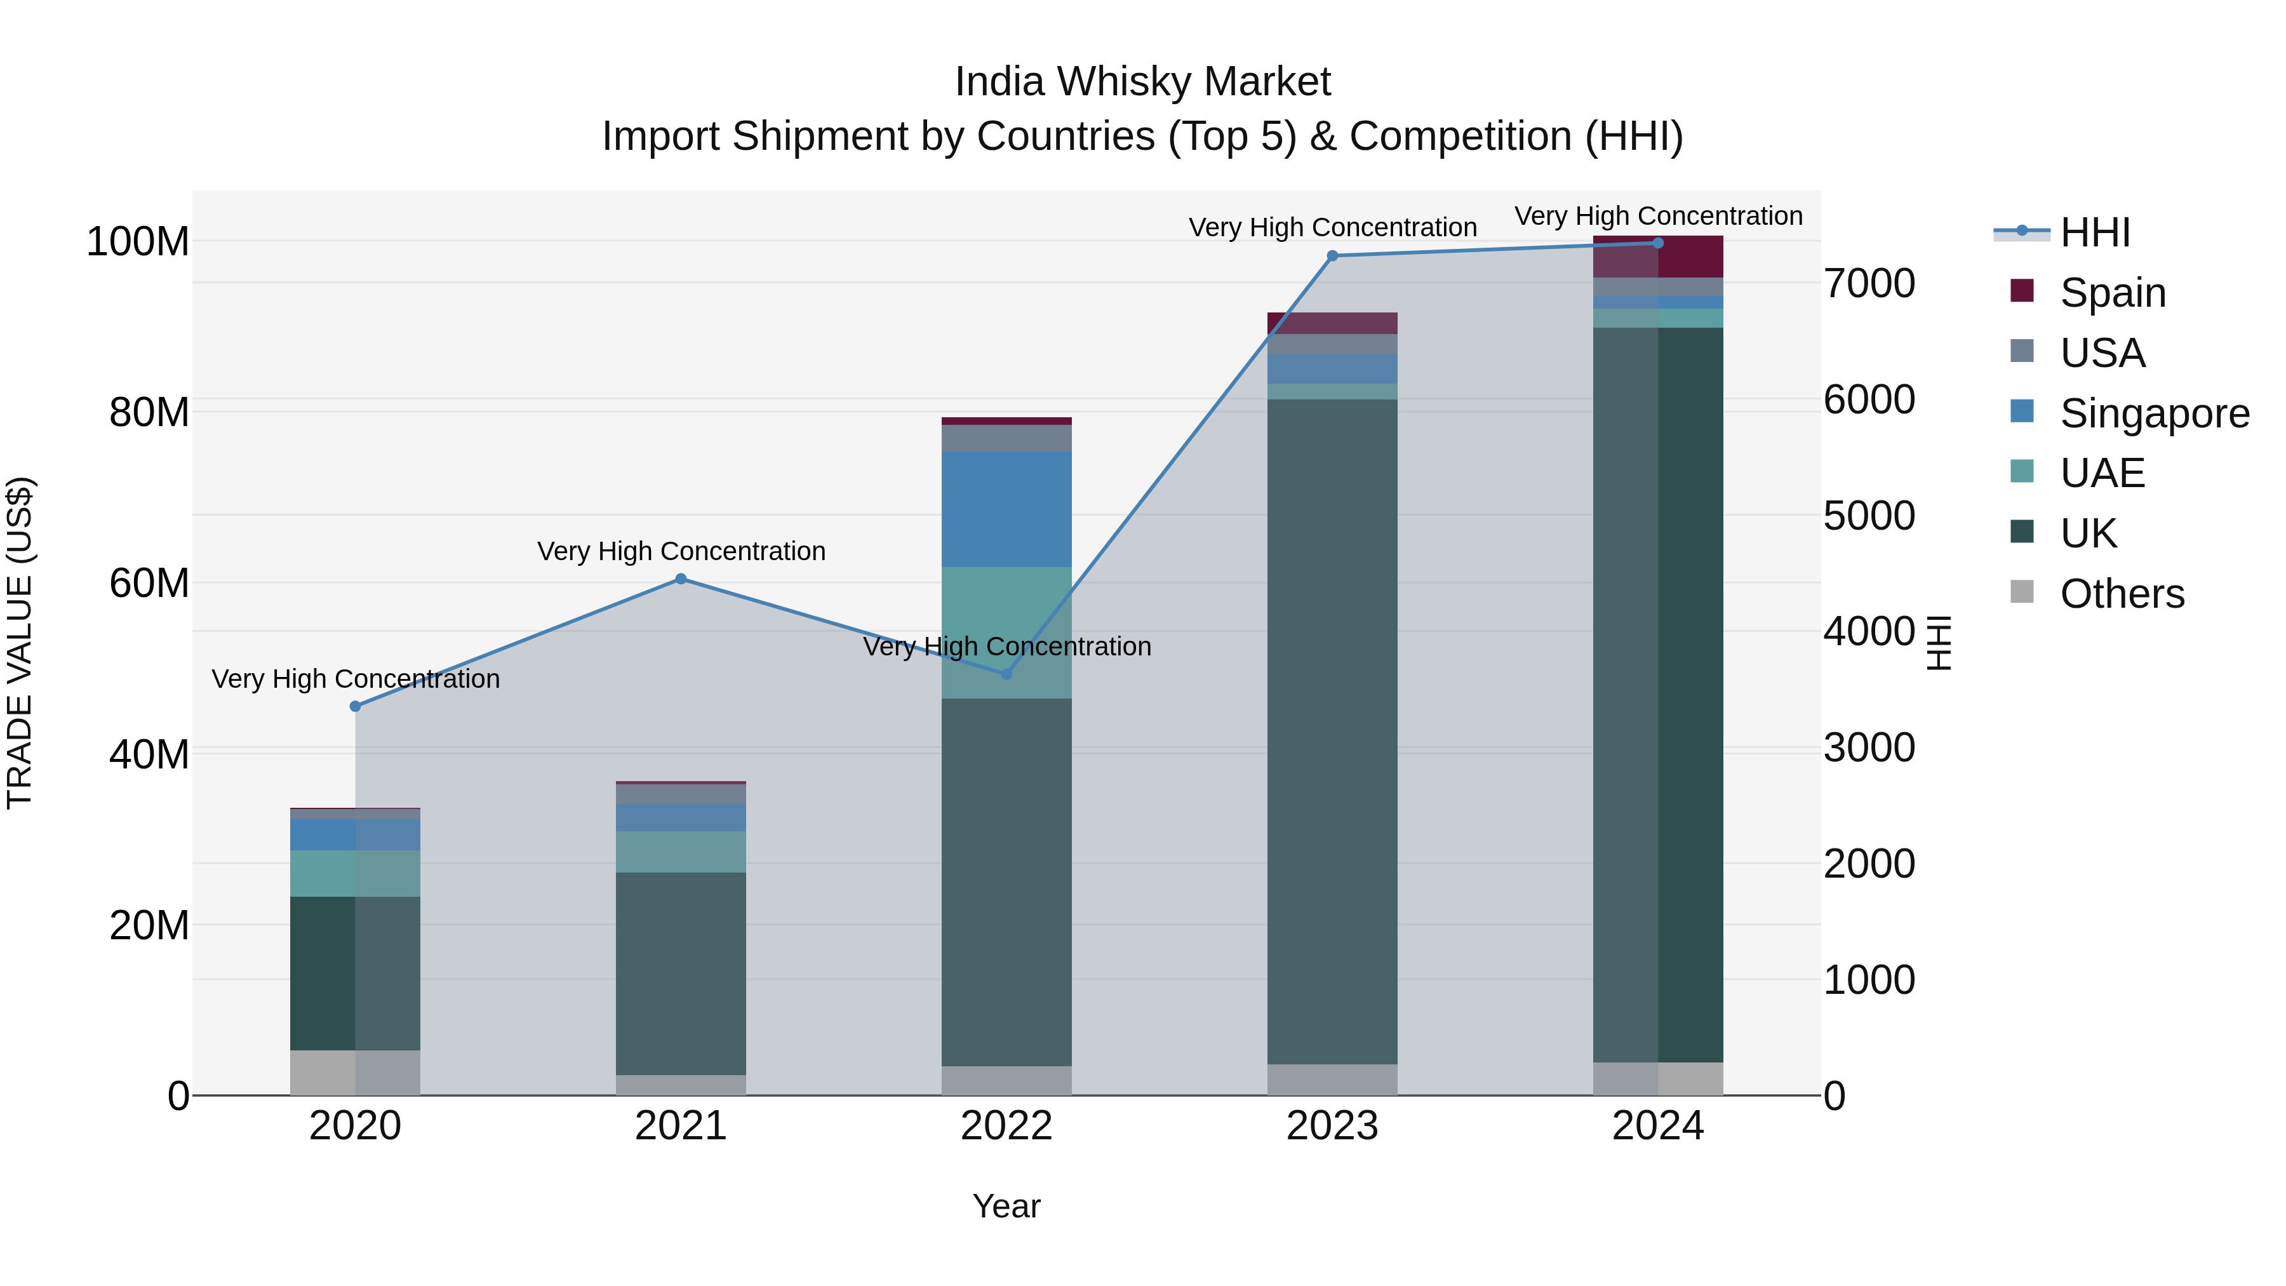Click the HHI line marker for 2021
point(681,579)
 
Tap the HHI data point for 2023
point(1332,255)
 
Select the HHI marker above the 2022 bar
point(1006,674)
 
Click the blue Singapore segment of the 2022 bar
point(1006,509)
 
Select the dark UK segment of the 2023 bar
point(1332,728)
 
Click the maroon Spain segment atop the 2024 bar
point(1658,257)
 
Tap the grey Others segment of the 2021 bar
point(681,1085)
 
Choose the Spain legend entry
point(2112,292)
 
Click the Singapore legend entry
point(2154,413)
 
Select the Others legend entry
point(2121,594)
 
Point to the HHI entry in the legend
point(2094,232)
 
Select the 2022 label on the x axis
point(1006,1126)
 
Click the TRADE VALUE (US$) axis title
point(20,643)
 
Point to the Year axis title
point(1006,1206)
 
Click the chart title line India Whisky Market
point(1142,82)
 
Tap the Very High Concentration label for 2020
point(355,679)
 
